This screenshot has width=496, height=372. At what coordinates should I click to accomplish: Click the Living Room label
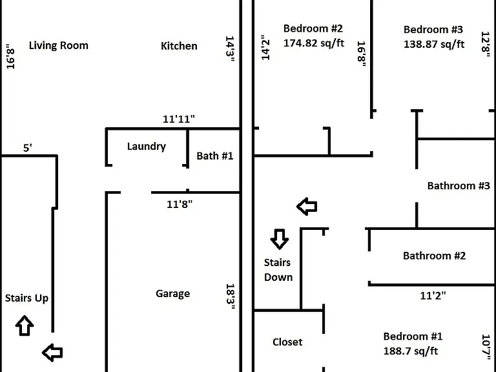click(59, 46)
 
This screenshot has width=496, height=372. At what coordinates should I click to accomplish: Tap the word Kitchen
click(179, 46)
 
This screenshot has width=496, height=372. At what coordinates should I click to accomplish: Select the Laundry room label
click(147, 147)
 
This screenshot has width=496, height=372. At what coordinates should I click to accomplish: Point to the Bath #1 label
click(215, 156)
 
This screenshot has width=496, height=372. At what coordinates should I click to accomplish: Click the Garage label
click(172, 294)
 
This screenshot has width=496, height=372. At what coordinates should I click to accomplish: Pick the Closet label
click(287, 342)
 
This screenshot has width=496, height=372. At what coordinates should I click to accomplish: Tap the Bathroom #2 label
click(434, 256)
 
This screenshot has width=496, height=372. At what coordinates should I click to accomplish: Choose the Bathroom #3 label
click(459, 186)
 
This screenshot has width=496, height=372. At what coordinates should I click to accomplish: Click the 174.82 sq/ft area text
click(314, 43)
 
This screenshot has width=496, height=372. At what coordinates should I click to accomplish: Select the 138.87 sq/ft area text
click(434, 45)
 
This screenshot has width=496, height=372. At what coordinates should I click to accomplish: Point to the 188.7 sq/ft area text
click(411, 351)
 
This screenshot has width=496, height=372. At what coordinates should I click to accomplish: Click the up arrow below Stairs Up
click(25, 325)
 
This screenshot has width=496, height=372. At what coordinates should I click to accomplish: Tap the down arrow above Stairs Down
click(279, 239)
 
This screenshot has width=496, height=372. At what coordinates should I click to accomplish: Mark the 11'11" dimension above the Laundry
click(179, 119)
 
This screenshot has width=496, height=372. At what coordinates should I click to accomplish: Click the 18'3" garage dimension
click(231, 296)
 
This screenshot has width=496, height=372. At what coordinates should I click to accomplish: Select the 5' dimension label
click(28, 148)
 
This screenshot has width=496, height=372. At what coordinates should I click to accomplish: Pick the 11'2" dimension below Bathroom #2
click(433, 296)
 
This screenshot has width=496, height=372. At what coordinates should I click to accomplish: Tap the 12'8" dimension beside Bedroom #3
click(486, 45)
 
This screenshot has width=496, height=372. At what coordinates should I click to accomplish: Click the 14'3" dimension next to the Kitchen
click(230, 48)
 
